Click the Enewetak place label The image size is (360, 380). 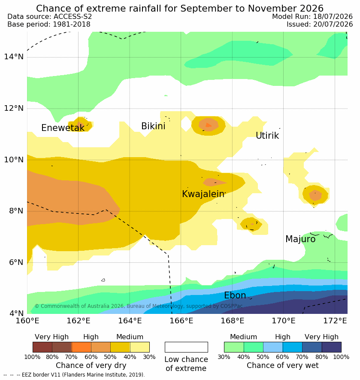point(63,128)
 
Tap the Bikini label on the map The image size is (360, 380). point(153,126)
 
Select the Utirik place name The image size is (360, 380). point(267,136)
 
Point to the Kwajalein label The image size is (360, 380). point(203,194)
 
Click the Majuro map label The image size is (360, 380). point(300,239)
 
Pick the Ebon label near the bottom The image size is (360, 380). point(235,295)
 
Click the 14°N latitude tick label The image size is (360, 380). point(14,57)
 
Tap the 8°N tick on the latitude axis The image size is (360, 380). point(16,211)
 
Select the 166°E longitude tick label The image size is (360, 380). point(181,321)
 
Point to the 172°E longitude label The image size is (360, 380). point(335,321)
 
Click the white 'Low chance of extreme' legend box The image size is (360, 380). point(186,347)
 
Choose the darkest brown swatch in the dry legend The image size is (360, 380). point(42,347)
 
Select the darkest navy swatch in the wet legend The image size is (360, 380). point(332,347)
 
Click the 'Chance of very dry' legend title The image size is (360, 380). point(91,365)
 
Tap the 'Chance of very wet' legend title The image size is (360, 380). point(282,365)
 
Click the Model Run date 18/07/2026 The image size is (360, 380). point(333,16)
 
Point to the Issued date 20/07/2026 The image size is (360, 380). point(333,24)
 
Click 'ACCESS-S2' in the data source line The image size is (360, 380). point(73,16)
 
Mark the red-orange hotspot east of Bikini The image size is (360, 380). point(209,125)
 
